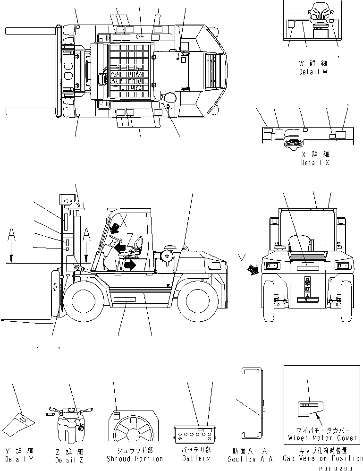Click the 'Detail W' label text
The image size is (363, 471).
tap(313, 72)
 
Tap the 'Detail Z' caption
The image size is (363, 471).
tap(68, 460)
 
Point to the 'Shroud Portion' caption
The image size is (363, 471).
tap(134, 459)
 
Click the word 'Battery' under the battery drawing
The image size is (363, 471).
tap(196, 459)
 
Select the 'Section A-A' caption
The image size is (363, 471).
tap(248, 459)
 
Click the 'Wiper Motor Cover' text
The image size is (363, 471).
tap(322, 438)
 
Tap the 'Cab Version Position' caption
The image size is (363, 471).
tap(323, 458)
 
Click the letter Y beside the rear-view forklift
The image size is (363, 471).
tap(242, 259)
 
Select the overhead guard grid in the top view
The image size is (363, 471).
tap(129, 66)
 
